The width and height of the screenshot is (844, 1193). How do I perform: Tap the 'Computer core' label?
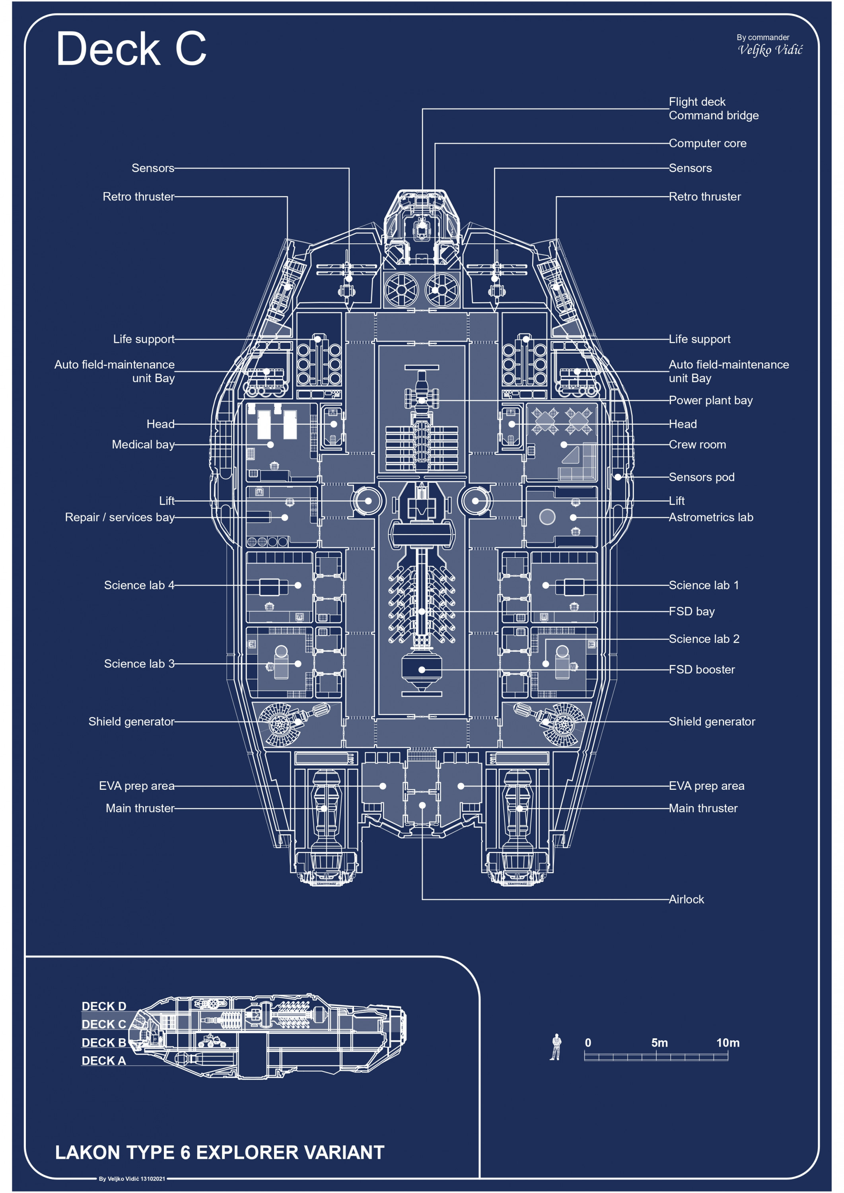[707, 144]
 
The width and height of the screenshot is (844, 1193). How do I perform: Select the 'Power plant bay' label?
[710, 400]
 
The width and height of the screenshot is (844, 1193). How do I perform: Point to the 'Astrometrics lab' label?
[711, 517]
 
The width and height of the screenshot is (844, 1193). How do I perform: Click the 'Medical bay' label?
[143, 445]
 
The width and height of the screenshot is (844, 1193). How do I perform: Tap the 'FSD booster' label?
[702, 670]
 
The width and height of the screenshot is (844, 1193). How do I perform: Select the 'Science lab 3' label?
[139, 664]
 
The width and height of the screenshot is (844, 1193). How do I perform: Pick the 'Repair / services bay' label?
[120, 517]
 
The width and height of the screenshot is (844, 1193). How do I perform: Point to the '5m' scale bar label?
[659, 1043]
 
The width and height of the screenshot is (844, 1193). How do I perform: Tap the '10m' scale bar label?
[727, 1043]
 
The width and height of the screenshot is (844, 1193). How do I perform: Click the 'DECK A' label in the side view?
[104, 1061]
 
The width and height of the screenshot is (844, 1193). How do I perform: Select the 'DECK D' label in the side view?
[104, 1006]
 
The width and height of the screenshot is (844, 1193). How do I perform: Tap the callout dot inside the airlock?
[422, 805]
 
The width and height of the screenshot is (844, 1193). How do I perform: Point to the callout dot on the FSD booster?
[422, 670]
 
